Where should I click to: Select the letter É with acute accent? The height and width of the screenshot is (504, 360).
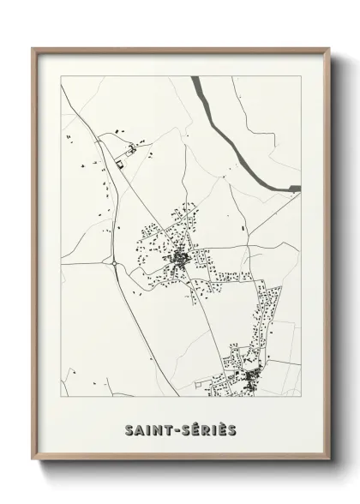(x=196, y=428)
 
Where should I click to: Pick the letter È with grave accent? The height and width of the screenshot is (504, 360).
(x=225, y=428)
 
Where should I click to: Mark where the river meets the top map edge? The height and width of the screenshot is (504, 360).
(x=195, y=77)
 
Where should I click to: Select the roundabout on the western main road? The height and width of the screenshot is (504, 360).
(x=115, y=264)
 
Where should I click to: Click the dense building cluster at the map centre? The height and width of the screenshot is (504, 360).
(x=181, y=257)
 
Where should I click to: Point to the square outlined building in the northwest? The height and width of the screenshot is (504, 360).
(x=121, y=162)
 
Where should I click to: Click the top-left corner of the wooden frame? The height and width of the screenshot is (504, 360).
(x=33, y=48)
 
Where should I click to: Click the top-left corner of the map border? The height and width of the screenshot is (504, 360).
(x=62, y=76)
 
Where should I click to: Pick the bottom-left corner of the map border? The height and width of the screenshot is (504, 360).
(x=62, y=397)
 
